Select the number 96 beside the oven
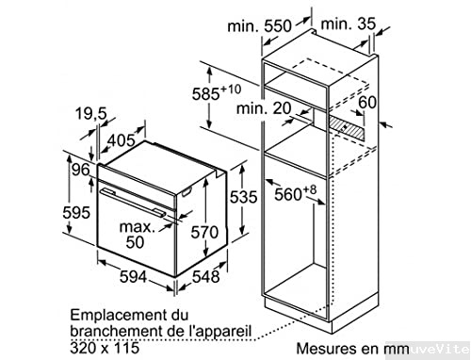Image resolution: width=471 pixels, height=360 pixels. pos(79,171)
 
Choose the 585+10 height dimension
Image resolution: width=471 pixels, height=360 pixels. pos(224,94)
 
